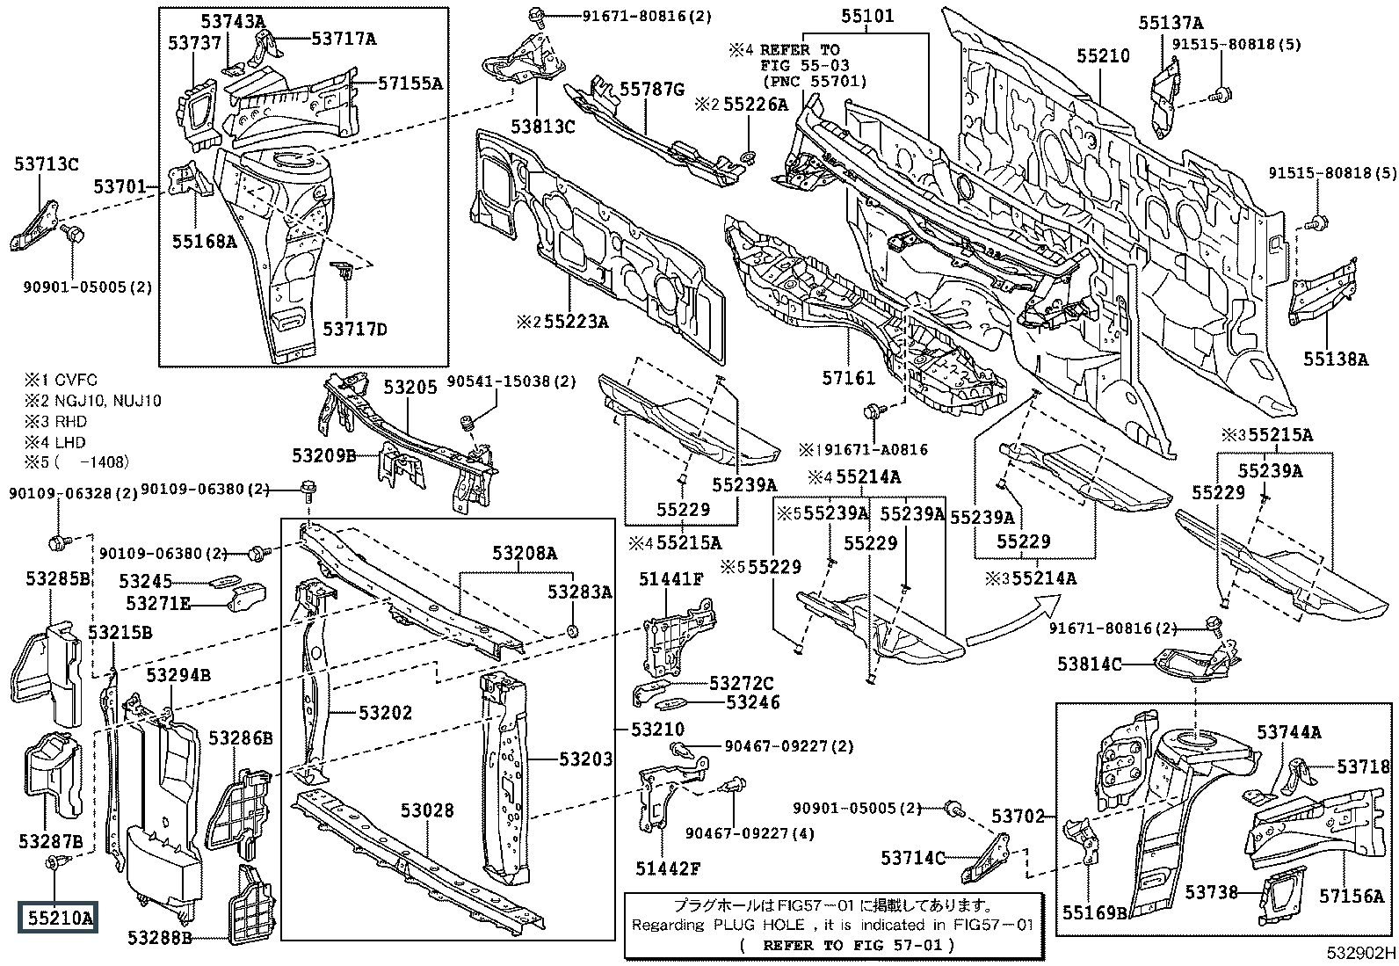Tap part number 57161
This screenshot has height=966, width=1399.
pyautogui.click(x=849, y=378)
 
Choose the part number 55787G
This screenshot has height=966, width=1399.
pyautogui.click(x=652, y=88)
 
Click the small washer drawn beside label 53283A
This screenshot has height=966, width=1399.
pyautogui.click(x=572, y=629)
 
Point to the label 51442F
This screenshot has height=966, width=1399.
pyautogui.click(x=669, y=868)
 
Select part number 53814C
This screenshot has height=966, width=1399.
pyautogui.click(x=1090, y=664)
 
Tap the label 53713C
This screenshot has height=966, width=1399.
pyautogui.click(x=46, y=163)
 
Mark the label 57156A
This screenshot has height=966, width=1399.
pyautogui.click(x=1352, y=896)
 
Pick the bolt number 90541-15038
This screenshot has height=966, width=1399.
pyautogui.click(x=511, y=381)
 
